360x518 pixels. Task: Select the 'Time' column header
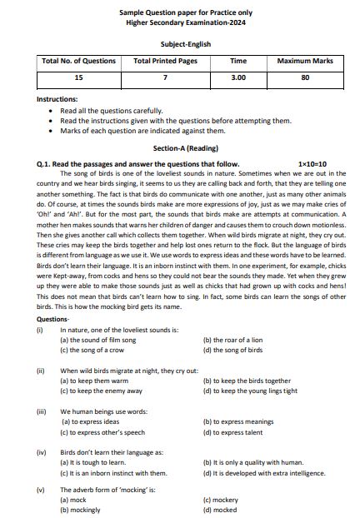click(238, 62)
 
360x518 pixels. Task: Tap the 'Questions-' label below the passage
click(54, 319)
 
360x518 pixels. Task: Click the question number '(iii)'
click(42, 411)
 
